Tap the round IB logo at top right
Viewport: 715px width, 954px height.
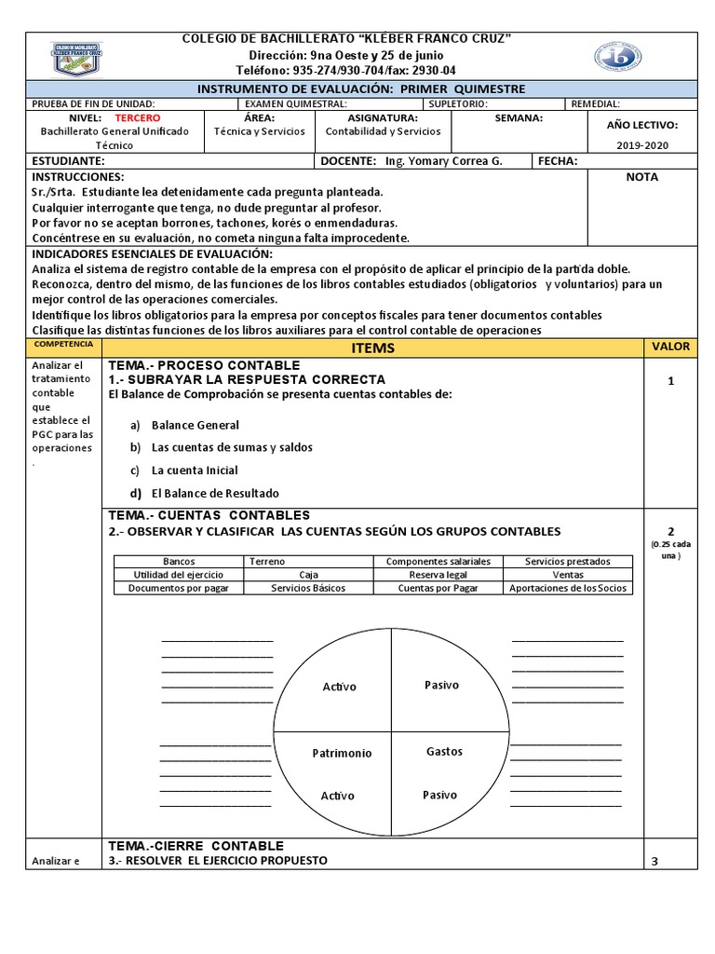click(617, 57)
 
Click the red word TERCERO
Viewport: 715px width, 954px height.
click(137, 118)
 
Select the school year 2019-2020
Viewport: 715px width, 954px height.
click(642, 144)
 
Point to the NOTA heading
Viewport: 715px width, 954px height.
click(641, 177)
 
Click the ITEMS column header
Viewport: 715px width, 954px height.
click(372, 348)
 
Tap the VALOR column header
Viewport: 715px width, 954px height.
click(670, 347)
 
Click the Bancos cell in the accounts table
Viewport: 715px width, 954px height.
click(179, 562)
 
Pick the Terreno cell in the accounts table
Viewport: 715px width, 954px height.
click(267, 562)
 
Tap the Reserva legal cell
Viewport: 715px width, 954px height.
click(438, 575)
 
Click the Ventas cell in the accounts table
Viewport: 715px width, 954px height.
click(568, 575)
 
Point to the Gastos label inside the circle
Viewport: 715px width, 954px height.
click(444, 751)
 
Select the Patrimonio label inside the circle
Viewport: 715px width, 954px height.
click(342, 753)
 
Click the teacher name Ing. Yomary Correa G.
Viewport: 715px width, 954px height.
click(443, 161)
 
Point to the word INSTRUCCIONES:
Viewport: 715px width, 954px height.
click(77, 177)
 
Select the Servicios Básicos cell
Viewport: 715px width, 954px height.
click(308, 588)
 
